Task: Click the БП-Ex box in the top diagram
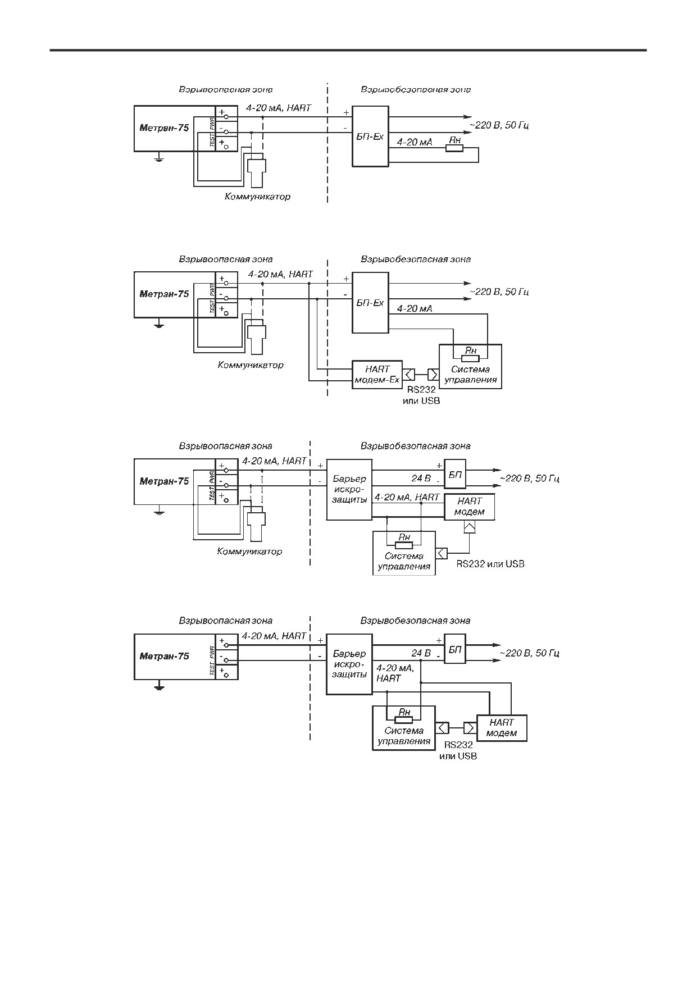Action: [x=370, y=136]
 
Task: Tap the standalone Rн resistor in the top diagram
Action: [x=454, y=148]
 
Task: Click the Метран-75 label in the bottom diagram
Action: [x=164, y=656]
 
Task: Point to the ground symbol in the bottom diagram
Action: [x=159, y=685]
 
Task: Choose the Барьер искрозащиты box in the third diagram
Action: [x=349, y=489]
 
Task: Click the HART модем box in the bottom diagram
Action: [x=502, y=728]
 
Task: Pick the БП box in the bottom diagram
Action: [x=455, y=649]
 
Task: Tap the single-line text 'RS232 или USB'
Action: [x=490, y=564]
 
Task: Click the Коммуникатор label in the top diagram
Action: [x=257, y=197]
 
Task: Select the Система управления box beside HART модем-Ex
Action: [x=470, y=366]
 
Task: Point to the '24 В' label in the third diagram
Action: [x=421, y=479]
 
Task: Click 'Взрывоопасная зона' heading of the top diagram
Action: [x=226, y=89]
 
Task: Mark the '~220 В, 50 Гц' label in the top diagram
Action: [x=499, y=125]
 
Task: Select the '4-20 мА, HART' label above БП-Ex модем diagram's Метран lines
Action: [x=280, y=274]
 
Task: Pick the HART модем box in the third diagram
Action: [x=470, y=507]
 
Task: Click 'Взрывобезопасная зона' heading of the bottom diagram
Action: [x=416, y=621]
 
